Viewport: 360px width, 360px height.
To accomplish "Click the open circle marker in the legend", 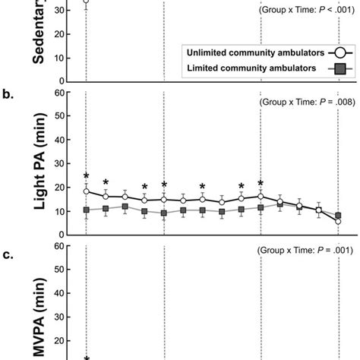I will coord(341,52).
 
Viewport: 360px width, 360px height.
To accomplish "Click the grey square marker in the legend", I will coord(341,68).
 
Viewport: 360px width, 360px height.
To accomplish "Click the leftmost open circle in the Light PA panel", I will coord(86,191).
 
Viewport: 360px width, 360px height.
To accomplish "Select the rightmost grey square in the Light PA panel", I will coord(338,216).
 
